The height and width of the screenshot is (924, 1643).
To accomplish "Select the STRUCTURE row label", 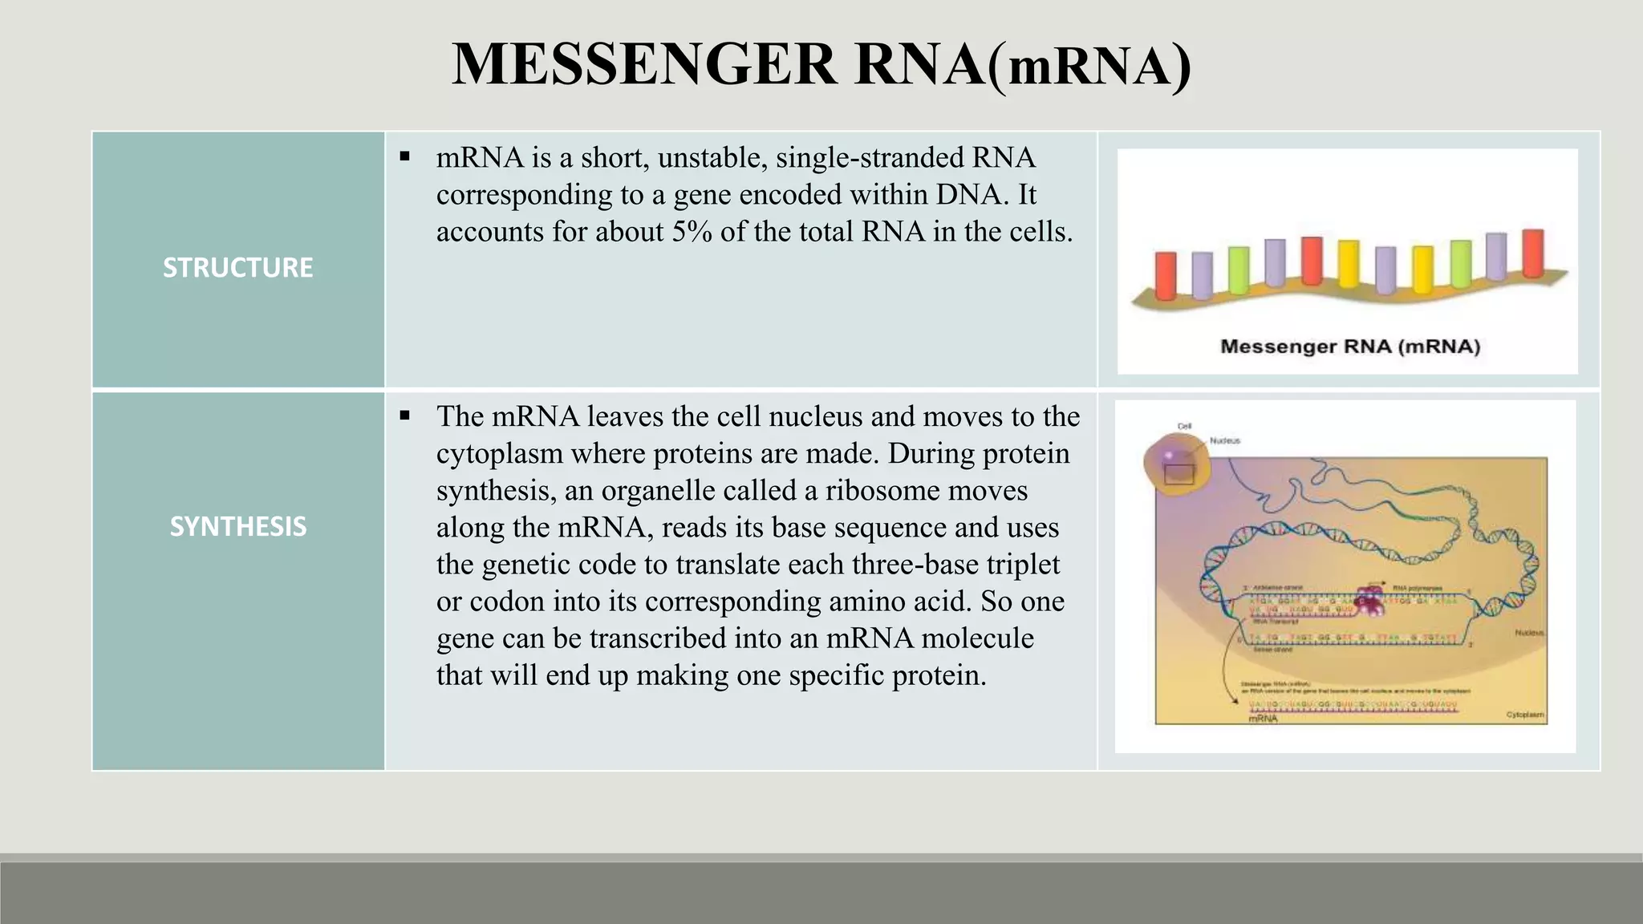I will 237,267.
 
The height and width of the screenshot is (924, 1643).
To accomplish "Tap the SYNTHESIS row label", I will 237,526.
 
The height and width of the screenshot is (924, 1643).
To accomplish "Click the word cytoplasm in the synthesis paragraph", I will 499,454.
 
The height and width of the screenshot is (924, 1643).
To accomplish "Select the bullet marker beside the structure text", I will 405,156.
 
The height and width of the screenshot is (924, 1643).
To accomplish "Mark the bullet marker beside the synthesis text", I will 405,415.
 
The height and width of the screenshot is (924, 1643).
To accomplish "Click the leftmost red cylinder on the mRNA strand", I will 1166,275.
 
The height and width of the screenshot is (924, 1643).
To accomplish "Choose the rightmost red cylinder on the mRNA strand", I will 1532,253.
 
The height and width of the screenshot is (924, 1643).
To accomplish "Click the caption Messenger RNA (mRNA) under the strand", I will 1349,346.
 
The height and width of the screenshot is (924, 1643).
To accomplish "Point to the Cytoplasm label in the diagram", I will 1524,715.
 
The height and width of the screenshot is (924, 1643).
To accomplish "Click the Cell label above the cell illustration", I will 1184,426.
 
